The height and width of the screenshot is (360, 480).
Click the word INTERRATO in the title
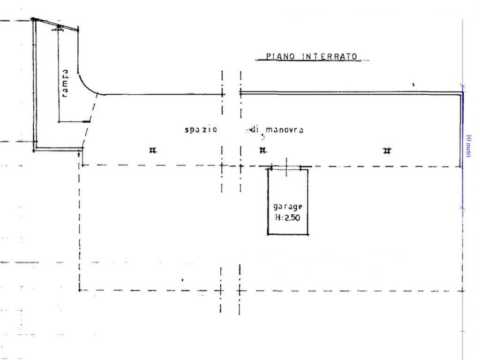(x=330, y=57)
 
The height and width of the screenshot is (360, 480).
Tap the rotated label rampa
(x=65, y=83)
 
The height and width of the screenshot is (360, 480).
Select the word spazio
(x=201, y=129)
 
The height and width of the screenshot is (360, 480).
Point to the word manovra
(x=285, y=130)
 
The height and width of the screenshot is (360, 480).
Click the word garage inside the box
(x=288, y=207)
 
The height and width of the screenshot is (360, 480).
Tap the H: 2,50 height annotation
(x=287, y=217)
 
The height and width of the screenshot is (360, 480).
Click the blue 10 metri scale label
(x=468, y=146)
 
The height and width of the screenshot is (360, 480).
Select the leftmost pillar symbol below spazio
(x=153, y=150)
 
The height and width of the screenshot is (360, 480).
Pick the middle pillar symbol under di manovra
(x=262, y=150)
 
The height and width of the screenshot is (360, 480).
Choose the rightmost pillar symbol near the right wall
(x=387, y=150)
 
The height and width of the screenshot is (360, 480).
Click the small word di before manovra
(x=254, y=129)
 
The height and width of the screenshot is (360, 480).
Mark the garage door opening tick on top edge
(x=286, y=167)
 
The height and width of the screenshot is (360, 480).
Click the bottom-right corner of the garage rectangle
(x=307, y=234)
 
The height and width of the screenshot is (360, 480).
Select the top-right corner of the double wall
(x=462, y=92)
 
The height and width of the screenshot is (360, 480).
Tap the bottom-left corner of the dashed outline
(x=79, y=290)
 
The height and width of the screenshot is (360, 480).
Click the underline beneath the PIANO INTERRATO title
(x=312, y=60)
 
